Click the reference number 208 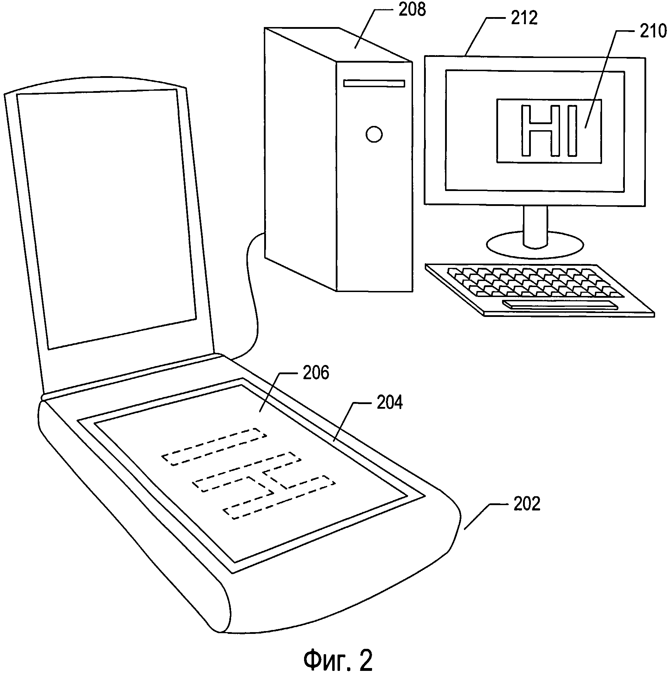click(x=412, y=10)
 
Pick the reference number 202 click(x=527, y=504)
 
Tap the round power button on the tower click(x=374, y=134)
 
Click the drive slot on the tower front click(x=374, y=83)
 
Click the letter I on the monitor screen click(x=572, y=130)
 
